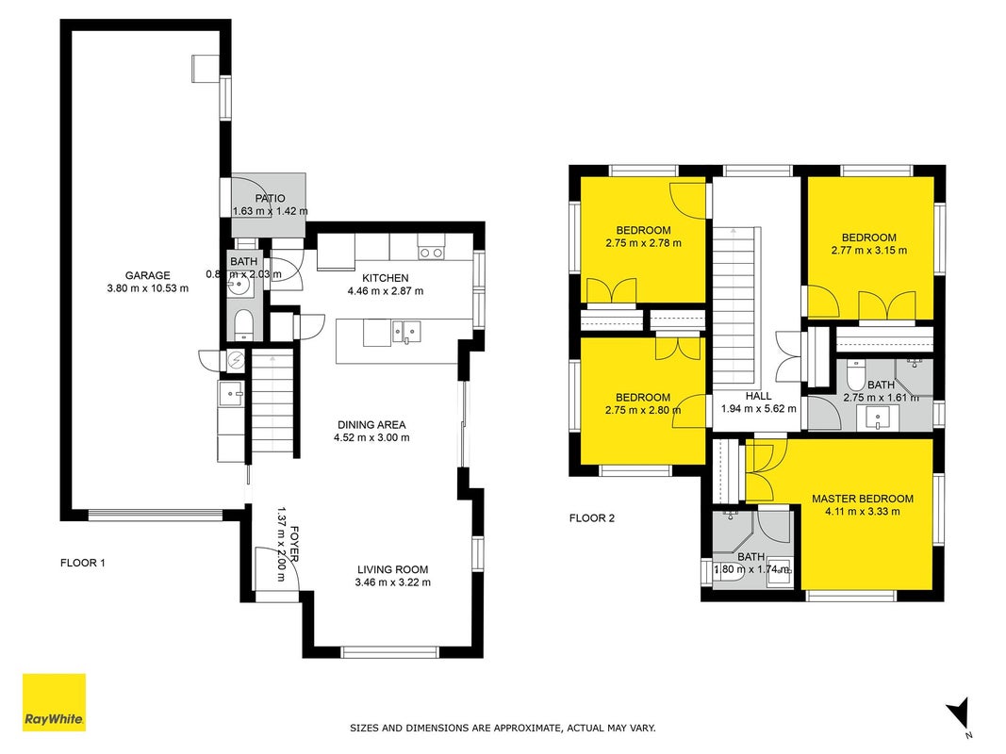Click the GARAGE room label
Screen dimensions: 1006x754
pos(148,275)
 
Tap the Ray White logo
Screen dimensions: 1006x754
pos(54,702)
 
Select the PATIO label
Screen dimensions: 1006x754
pos(270,198)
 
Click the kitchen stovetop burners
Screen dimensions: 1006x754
pos(431,254)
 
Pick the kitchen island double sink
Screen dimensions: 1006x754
pos(406,332)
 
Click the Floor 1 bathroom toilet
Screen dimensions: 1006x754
pos(244,325)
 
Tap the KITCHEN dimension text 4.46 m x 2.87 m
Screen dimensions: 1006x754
pos(386,291)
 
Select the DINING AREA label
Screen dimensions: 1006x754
pos(371,424)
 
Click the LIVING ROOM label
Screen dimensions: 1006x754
pos(392,569)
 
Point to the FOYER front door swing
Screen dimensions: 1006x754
pos(277,568)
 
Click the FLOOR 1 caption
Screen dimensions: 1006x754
pos(83,563)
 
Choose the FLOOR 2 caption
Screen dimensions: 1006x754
pos(591,518)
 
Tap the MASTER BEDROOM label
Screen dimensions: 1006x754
pos(863,499)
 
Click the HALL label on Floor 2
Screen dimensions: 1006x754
pos(758,396)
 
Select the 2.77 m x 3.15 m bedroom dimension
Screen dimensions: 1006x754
pos(868,251)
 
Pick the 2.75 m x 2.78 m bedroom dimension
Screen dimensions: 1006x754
pos(643,243)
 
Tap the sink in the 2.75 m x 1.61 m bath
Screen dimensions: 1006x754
pos(879,418)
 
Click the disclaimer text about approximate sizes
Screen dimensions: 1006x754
pos(503,729)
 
